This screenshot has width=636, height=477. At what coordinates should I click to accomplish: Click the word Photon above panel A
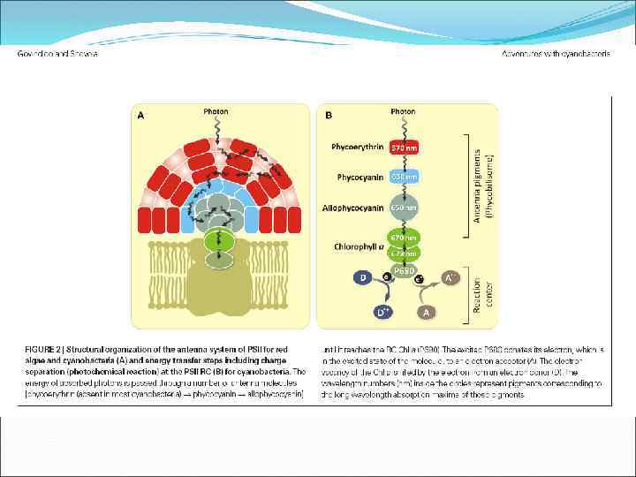[x=216, y=112]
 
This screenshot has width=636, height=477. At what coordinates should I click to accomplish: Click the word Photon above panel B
[x=403, y=112]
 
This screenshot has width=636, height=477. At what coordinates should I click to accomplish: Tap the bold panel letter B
[x=329, y=114]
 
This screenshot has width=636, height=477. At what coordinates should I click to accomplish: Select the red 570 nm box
[x=404, y=148]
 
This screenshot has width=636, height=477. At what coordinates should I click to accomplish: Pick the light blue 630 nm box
[x=404, y=177]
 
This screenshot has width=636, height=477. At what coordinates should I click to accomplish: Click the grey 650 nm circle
[x=404, y=208]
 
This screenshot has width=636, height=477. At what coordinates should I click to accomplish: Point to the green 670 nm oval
[x=404, y=238]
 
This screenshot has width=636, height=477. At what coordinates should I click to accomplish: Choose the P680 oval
[x=404, y=271]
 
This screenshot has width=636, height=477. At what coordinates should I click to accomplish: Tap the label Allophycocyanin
[x=355, y=208]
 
